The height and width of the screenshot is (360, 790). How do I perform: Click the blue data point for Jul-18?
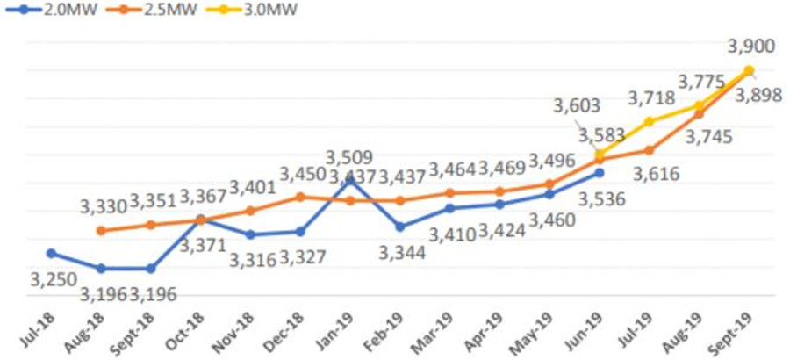pos(51,253)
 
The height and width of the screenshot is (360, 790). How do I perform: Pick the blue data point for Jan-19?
pos(350,179)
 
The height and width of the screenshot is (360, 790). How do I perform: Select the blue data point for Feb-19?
pos(400,227)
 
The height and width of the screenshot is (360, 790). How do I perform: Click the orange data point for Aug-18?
pos(101,231)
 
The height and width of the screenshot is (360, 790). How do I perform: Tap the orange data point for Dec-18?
pos(300,197)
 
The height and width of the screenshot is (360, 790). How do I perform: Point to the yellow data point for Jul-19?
pos(650,121)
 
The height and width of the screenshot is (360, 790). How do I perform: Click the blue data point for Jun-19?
pos(600,173)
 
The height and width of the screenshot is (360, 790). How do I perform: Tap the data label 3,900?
pos(750,46)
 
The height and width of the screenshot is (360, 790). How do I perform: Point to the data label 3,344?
pos(402,253)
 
